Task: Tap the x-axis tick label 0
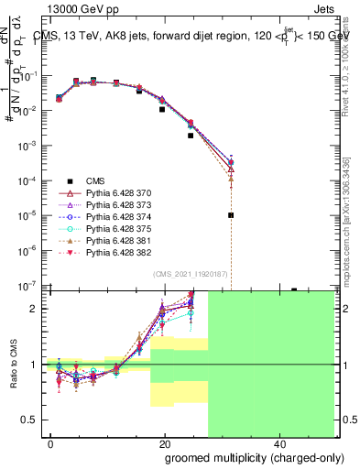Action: (x=51, y=445)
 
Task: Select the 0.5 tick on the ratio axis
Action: (x=30, y=420)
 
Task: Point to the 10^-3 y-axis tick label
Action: (x=26, y=146)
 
